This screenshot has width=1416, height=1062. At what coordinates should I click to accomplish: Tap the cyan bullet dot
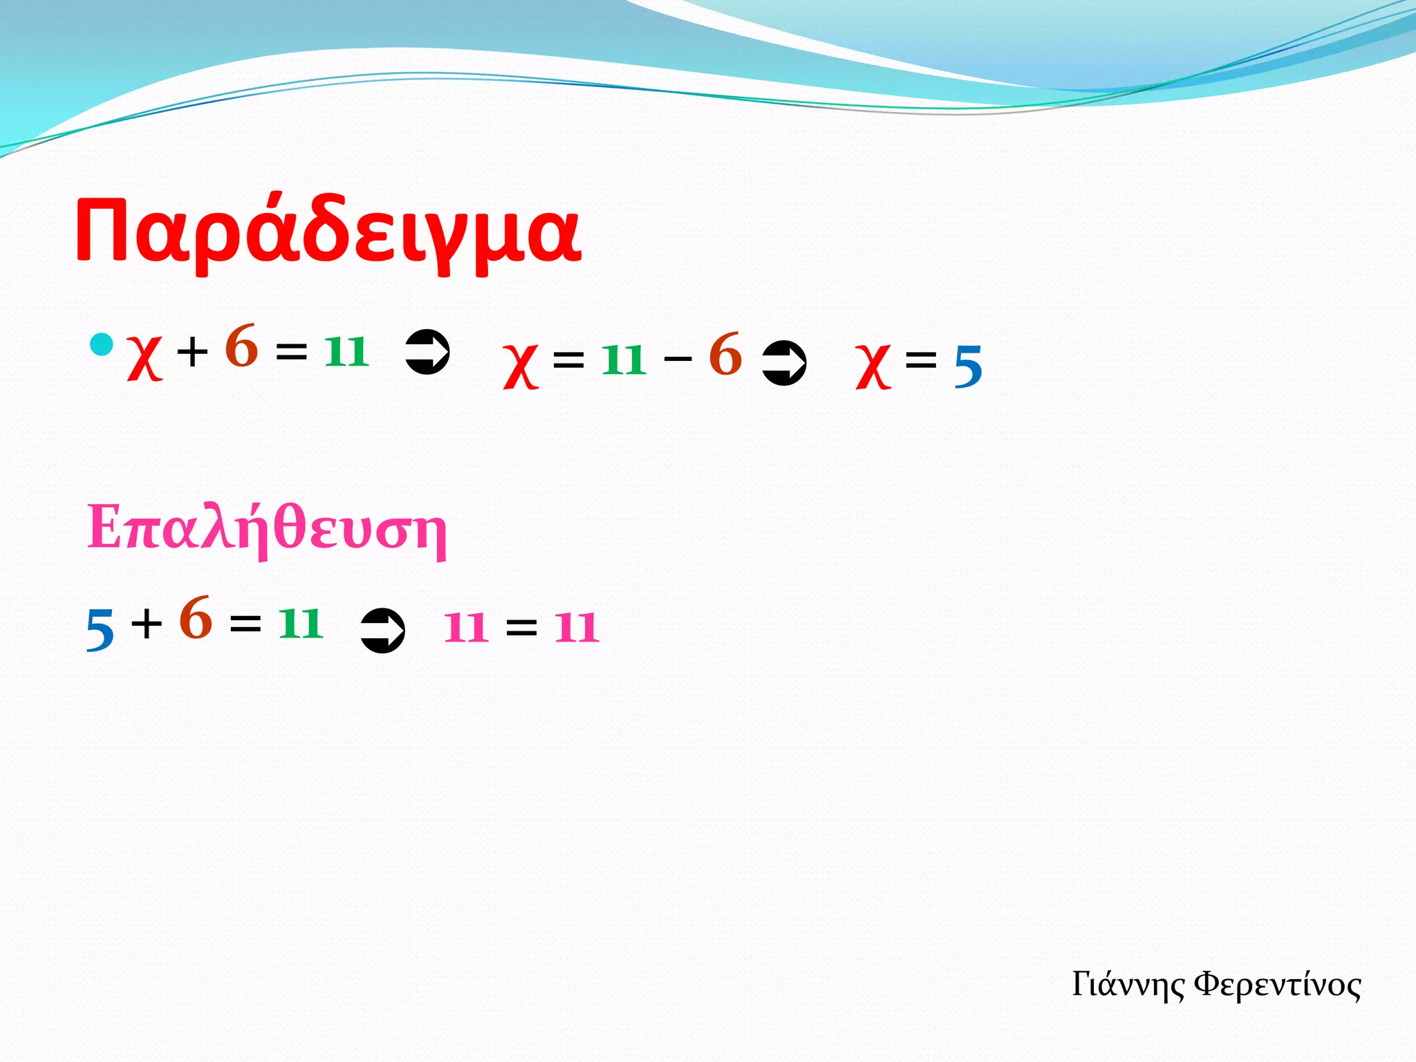[102, 344]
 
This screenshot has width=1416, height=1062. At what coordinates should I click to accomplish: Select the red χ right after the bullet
[145, 357]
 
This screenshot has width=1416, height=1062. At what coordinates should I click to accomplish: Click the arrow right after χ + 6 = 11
[427, 352]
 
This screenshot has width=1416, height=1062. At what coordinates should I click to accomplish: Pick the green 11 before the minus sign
[624, 360]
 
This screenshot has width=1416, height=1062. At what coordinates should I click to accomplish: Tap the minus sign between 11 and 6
[678, 358]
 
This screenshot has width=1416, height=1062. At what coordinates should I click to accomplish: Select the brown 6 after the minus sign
[725, 355]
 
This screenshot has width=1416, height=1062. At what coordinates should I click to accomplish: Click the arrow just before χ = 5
[784, 363]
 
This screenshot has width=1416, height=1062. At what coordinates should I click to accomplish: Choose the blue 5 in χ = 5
[968, 367]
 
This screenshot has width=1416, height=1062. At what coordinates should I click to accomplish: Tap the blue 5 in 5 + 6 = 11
[100, 630]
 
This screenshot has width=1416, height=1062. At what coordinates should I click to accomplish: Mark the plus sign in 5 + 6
[147, 624]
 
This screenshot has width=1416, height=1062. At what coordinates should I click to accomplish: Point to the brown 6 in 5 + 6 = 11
[196, 617]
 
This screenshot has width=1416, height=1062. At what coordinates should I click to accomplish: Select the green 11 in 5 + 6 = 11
[301, 623]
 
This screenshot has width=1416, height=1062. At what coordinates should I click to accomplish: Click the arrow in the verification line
[382, 630]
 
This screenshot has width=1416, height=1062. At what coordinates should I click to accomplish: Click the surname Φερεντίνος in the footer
[1278, 985]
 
